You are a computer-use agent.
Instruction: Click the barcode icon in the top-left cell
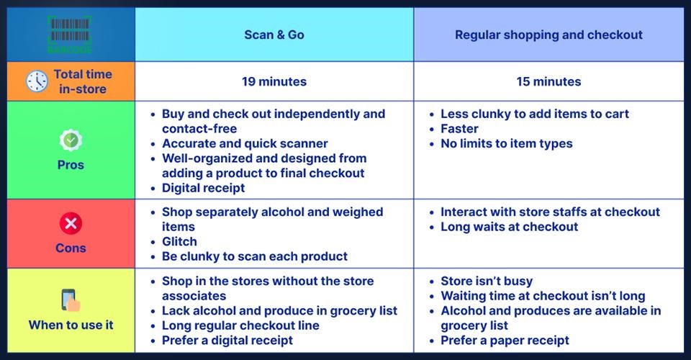pyautogui.click(x=70, y=35)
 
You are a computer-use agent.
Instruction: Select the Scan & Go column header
pyautogui.click(x=274, y=35)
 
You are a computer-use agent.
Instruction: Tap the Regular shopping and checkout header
pyautogui.click(x=548, y=35)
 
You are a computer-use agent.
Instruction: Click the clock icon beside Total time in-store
pyautogui.click(x=37, y=81)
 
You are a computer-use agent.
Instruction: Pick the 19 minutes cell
pyautogui.click(x=274, y=81)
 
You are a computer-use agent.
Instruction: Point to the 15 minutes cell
pyautogui.click(x=548, y=81)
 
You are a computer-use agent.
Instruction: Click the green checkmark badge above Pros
pyautogui.click(x=71, y=140)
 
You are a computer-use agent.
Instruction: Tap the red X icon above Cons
pyautogui.click(x=71, y=223)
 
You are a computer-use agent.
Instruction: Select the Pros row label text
pyautogui.click(x=71, y=165)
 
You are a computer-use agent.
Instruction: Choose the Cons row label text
pyautogui.click(x=71, y=248)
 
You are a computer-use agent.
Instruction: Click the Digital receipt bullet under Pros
pyautogui.click(x=203, y=188)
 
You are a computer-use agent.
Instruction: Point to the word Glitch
pyautogui.click(x=179, y=241)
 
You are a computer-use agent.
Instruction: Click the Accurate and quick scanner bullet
pyautogui.click(x=245, y=143)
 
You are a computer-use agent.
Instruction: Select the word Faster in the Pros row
pyautogui.click(x=459, y=129)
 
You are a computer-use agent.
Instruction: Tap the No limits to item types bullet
pyautogui.click(x=506, y=143)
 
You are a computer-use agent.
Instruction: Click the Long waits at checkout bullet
pyautogui.click(x=509, y=227)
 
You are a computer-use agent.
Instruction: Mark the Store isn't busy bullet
pyautogui.click(x=487, y=281)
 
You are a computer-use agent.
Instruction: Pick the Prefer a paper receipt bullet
pyautogui.click(x=505, y=340)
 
